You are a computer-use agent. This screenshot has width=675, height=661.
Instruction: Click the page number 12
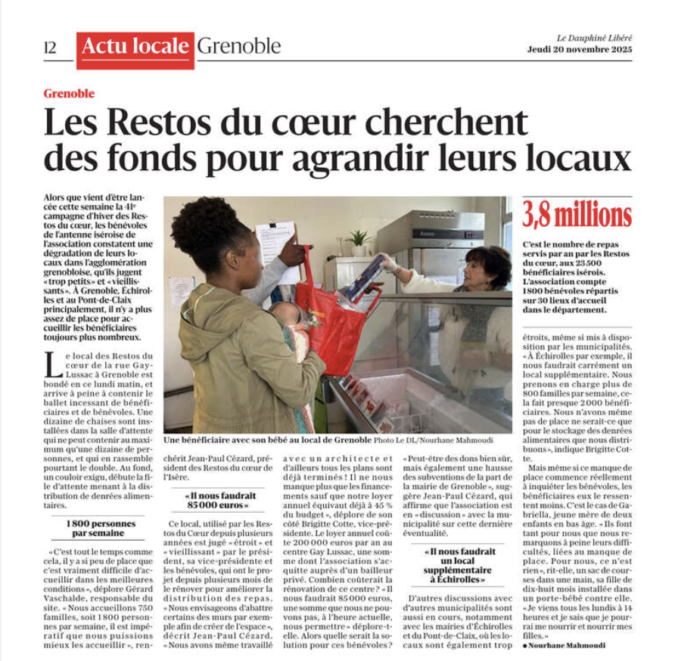coord(50,47)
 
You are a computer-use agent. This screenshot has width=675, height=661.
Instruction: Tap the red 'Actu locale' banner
coord(135,47)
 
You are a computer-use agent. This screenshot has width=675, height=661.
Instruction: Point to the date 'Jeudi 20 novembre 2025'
coord(580,50)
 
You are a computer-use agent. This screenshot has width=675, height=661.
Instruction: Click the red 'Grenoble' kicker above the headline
coord(69,94)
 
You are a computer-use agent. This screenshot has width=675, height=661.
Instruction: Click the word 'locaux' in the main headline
coord(582,159)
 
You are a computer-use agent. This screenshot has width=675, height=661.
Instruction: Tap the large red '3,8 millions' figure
coord(577,216)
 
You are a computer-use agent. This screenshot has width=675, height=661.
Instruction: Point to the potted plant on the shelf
coord(358,241)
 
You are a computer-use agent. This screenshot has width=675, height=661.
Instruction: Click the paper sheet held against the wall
coord(275,242)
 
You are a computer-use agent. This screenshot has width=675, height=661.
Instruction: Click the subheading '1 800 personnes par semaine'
coord(101,529)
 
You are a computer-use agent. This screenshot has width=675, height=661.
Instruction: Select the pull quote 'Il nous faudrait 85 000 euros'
coord(218,501)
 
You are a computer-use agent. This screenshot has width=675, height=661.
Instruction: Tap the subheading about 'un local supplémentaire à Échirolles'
coord(459,564)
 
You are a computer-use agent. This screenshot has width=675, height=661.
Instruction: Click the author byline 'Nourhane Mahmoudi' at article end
coord(567,644)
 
